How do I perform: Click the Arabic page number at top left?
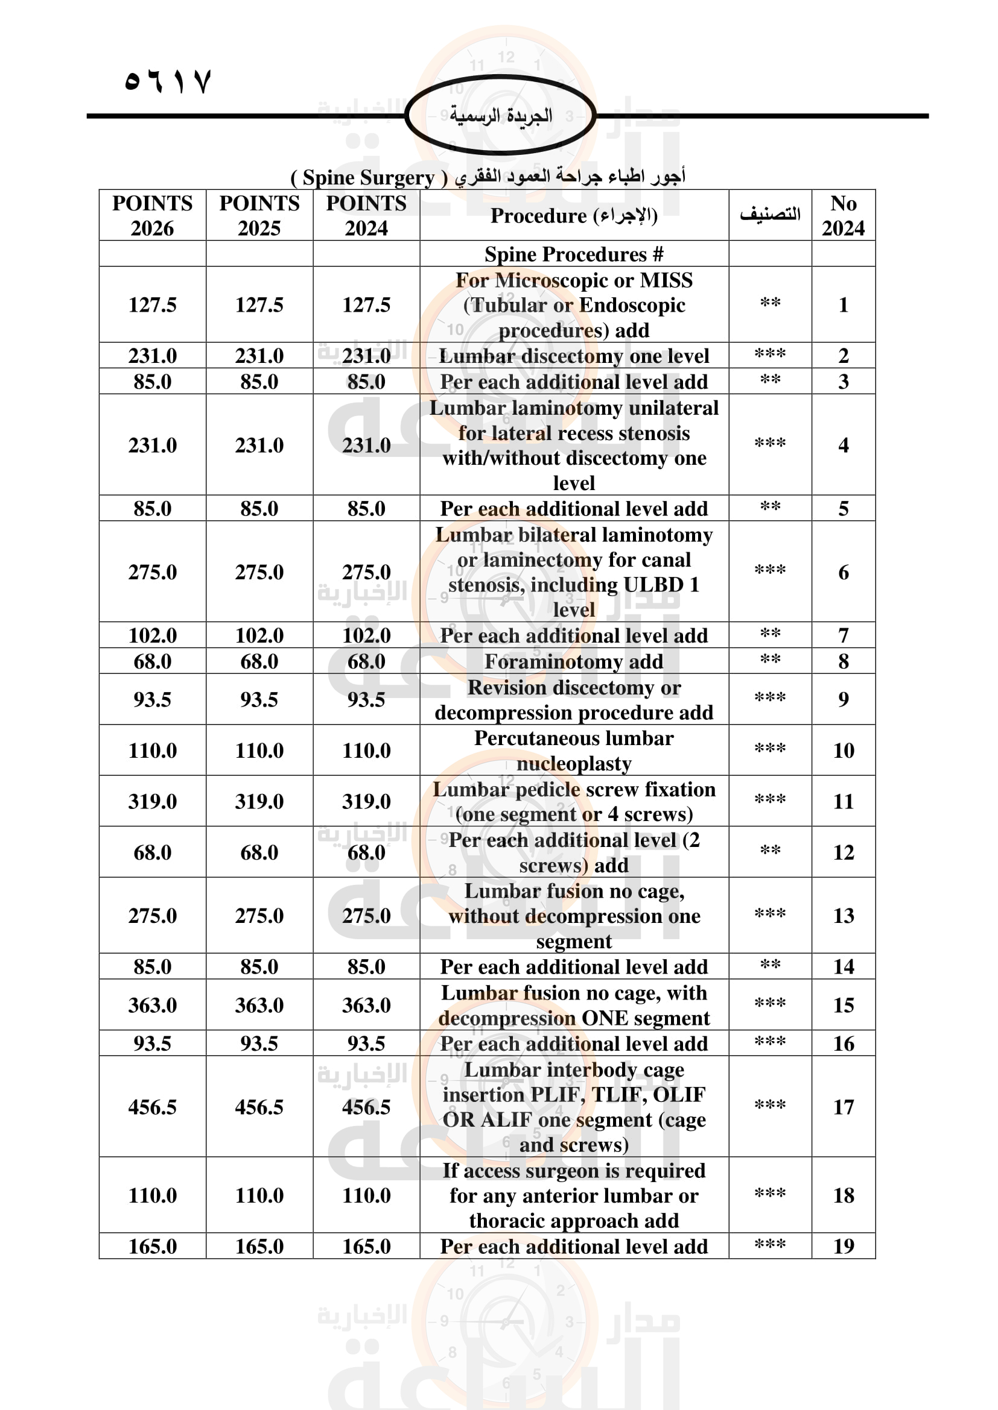[168, 80]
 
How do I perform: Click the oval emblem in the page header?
[500, 115]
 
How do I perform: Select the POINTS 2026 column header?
[153, 216]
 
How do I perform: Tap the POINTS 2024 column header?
[366, 216]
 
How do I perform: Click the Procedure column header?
[573, 216]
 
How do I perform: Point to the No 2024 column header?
[843, 216]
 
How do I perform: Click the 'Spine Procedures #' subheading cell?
[573, 254]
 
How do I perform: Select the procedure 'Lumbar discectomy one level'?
[573, 356]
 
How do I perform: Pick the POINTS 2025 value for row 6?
[259, 572]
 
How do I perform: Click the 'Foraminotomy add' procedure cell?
[573, 661]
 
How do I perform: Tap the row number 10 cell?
[843, 751]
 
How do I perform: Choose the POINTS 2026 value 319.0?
[153, 801]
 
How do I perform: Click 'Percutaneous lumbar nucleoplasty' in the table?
[573, 751]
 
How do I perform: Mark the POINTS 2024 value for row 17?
[366, 1107]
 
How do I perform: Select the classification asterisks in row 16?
[770, 1042]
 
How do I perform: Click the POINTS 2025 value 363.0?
[259, 1005]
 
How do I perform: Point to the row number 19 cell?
[843, 1246]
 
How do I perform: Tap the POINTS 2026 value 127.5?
[153, 304]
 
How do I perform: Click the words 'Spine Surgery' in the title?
[368, 178]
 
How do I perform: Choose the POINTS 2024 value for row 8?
[366, 661]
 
